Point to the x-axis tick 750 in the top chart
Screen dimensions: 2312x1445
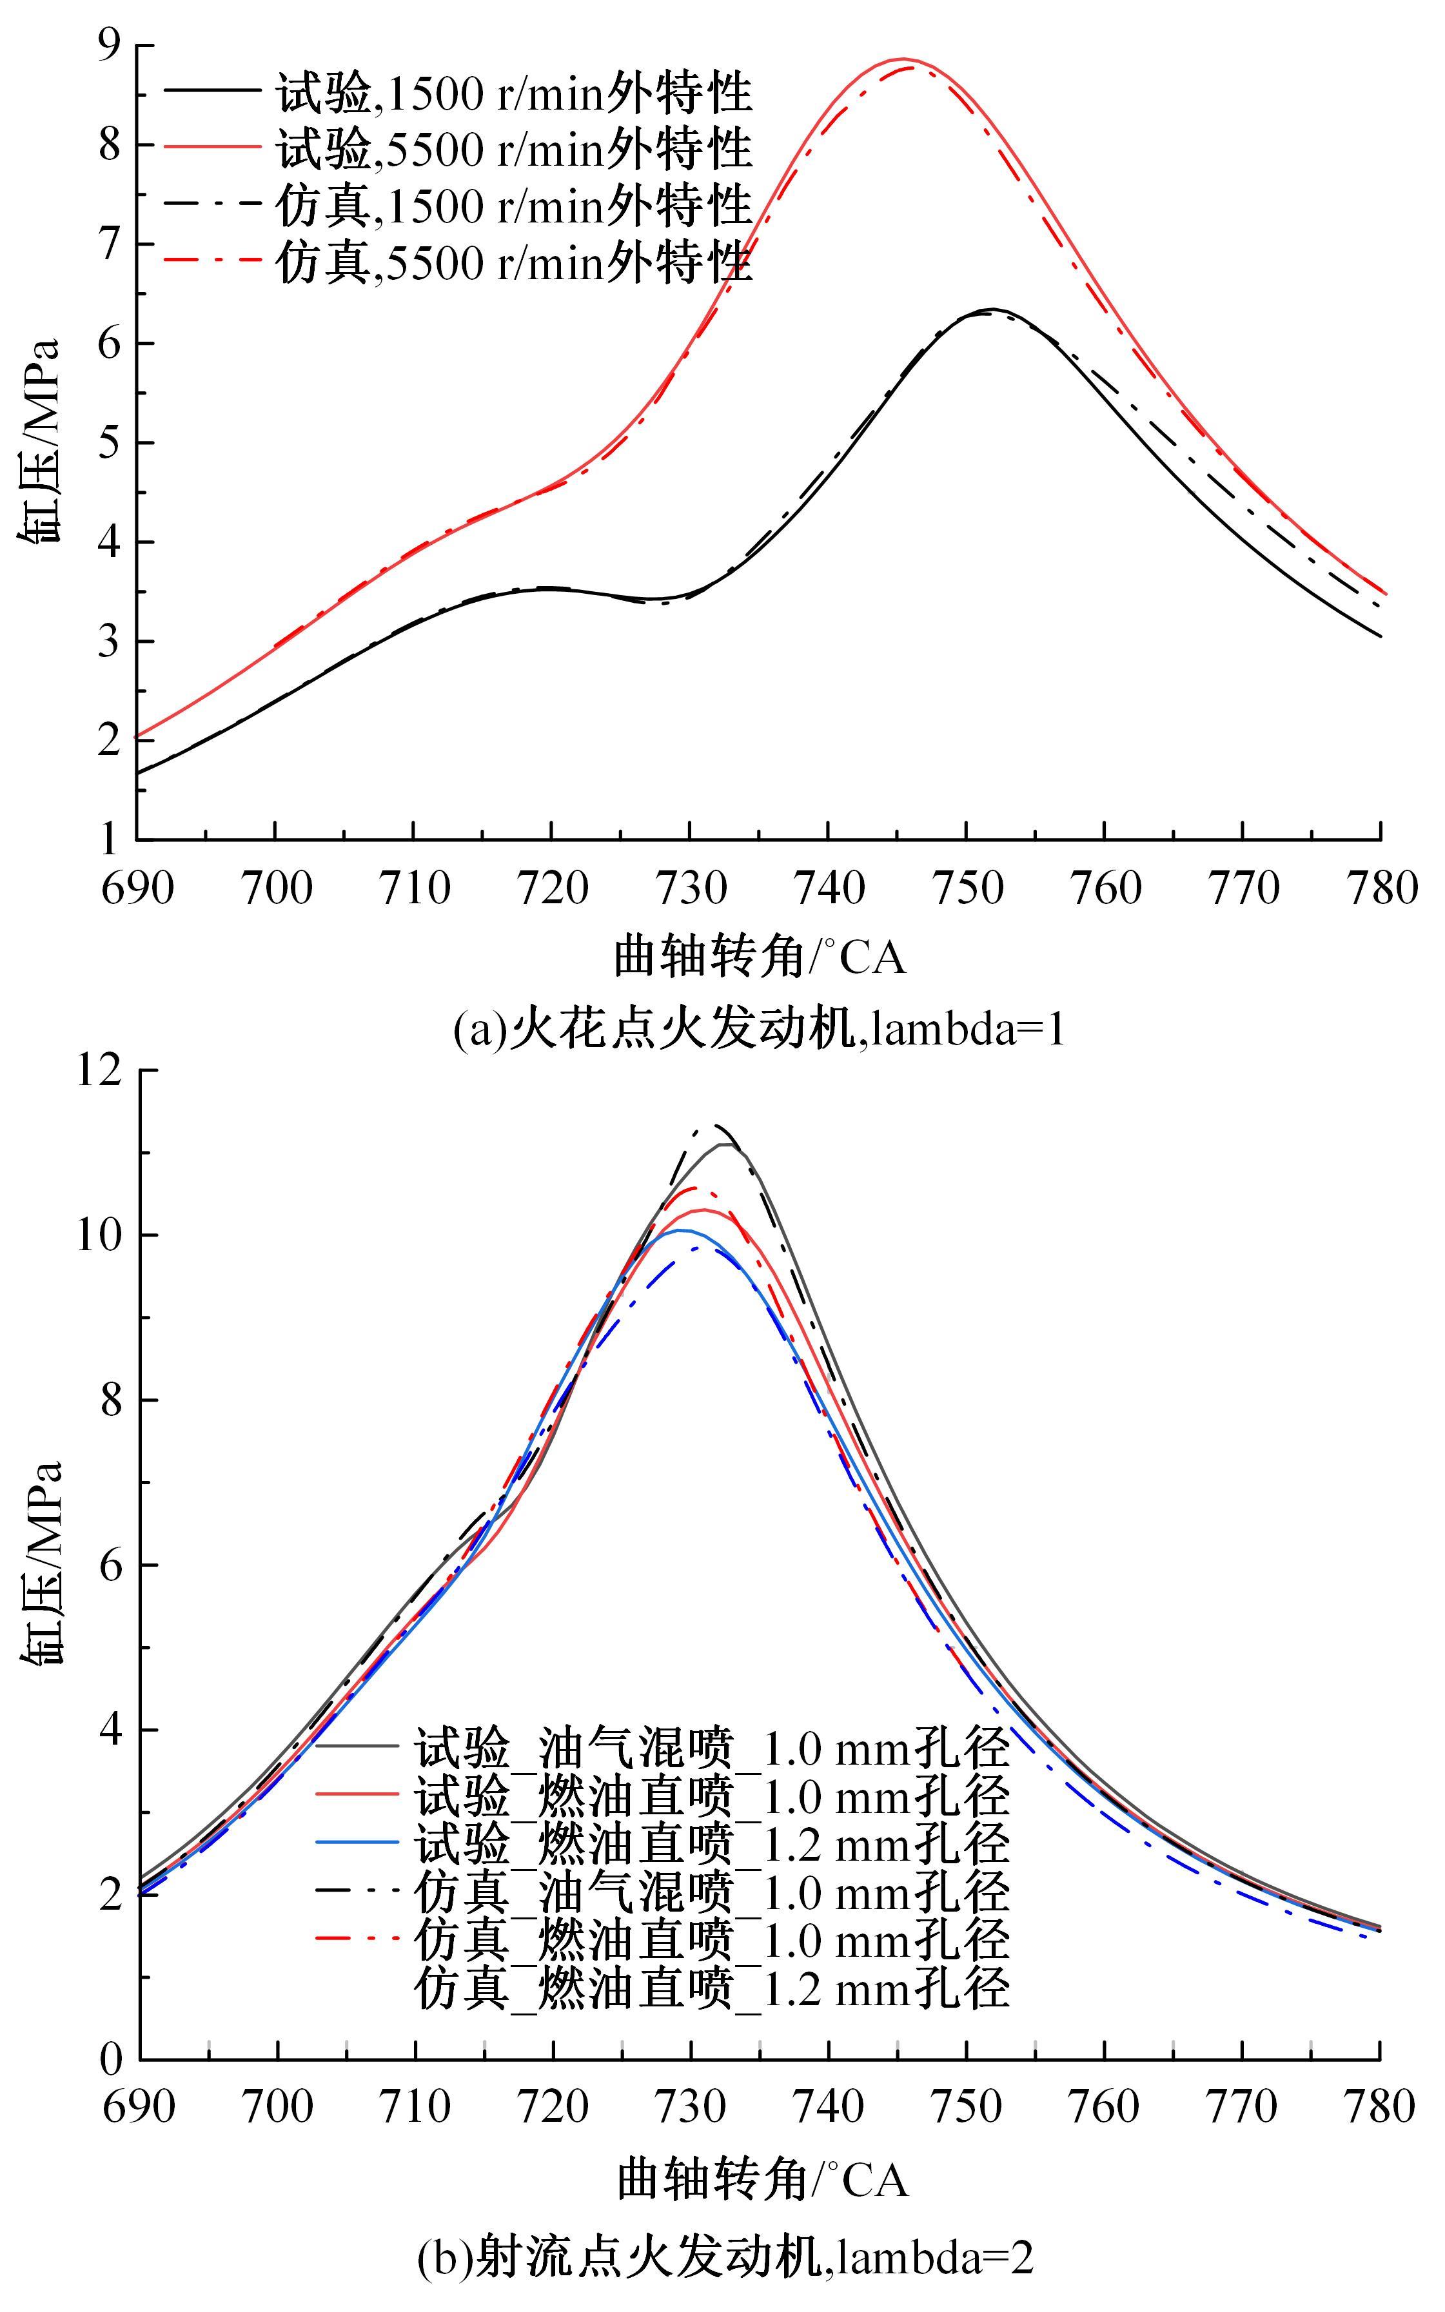pos(966,888)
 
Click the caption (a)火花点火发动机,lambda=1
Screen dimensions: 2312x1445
pos(759,1030)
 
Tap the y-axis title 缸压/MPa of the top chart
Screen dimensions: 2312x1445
pos(40,442)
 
